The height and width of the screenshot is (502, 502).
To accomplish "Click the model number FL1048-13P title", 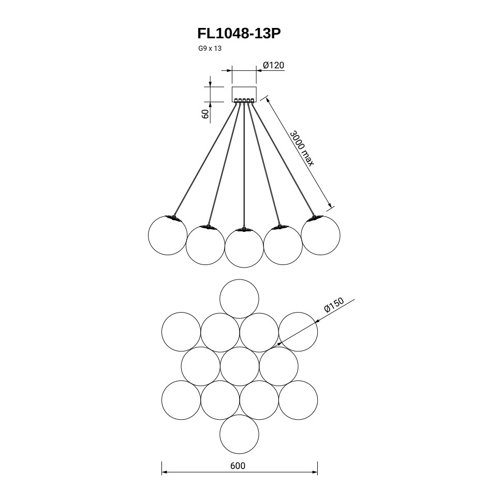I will (x=239, y=34).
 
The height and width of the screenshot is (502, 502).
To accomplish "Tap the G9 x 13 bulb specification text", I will (x=210, y=49).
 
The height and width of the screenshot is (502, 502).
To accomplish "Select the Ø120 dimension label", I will (x=273, y=65).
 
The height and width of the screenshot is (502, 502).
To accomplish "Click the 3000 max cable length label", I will (x=302, y=148).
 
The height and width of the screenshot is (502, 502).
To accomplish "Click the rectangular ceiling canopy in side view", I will (x=244, y=93).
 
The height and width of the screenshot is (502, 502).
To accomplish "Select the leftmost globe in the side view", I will (x=167, y=235).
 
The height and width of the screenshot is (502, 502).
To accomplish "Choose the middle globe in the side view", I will (x=244, y=247).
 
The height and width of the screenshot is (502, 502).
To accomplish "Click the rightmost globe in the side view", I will (x=320, y=235).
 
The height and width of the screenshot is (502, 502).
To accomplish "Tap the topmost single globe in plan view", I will (x=239, y=299).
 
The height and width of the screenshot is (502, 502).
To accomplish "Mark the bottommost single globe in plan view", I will (x=239, y=434).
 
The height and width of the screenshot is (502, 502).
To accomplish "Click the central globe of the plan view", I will (x=239, y=366).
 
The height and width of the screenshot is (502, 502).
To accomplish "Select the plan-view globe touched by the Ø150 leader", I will (x=298, y=332).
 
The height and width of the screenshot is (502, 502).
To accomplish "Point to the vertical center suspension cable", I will (x=244, y=166).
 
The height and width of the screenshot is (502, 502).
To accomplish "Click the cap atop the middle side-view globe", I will (x=244, y=229).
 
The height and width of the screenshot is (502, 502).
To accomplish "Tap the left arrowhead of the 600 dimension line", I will (x=164, y=473).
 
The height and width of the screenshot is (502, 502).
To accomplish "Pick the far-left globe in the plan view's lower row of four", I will (x=181, y=400).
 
